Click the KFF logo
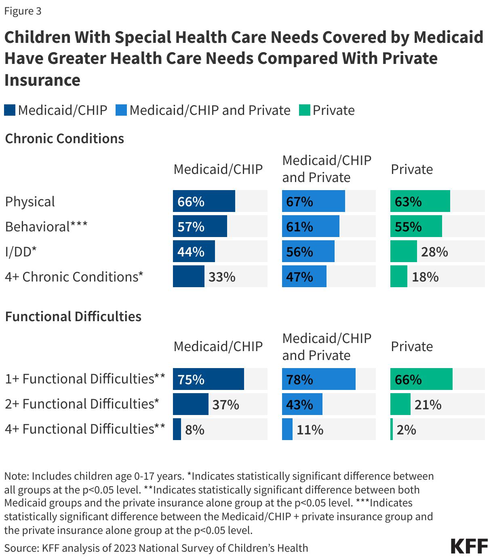coord(469,546)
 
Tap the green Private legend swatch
coord(304,110)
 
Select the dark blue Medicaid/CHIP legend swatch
coord(10,110)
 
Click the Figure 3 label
coord(23,11)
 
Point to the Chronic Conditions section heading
coord(64,139)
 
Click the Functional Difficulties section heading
coord(73,316)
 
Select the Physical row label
coord(30,201)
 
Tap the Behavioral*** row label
coord(46,227)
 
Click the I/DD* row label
coord(21,252)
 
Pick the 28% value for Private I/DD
coord(434,252)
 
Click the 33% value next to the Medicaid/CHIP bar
coord(222,277)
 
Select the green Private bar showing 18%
coord(399,277)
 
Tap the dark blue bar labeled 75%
coord(209,379)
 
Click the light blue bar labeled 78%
coord(318,379)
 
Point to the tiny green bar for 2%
coord(392,429)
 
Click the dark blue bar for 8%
coord(177,429)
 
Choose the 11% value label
coord(310,430)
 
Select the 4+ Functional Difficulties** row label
coord(85,429)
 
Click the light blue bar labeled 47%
coord(304,277)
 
